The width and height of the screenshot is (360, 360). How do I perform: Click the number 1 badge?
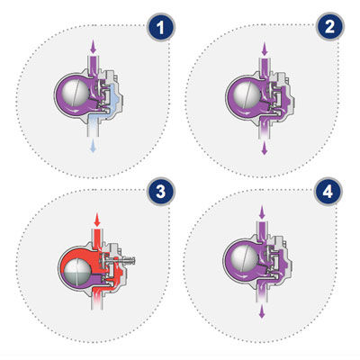pos(160,28)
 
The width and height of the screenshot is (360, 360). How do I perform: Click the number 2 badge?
pos(329,27)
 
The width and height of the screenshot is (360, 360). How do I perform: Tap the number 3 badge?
pos(161,192)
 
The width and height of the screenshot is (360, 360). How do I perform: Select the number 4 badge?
pos(328,191)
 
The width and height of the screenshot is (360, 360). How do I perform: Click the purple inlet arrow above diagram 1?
pos(94,47)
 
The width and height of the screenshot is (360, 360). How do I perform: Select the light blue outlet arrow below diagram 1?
pos(94,146)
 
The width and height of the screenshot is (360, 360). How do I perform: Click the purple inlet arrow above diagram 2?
pos(265,49)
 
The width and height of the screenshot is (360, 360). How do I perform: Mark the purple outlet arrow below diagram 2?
pos(265,148)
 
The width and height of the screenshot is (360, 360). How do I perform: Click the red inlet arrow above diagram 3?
pos(96,220)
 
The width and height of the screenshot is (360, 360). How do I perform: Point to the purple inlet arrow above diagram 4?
pos(262,212)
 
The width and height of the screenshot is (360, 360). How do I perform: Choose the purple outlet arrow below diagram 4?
pos(262,312)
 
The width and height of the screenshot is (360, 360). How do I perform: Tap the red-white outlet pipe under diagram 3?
pos(97,300)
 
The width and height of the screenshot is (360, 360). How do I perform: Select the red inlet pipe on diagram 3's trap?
pos(97,237)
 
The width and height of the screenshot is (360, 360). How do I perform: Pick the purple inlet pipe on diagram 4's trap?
pos(262,229)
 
